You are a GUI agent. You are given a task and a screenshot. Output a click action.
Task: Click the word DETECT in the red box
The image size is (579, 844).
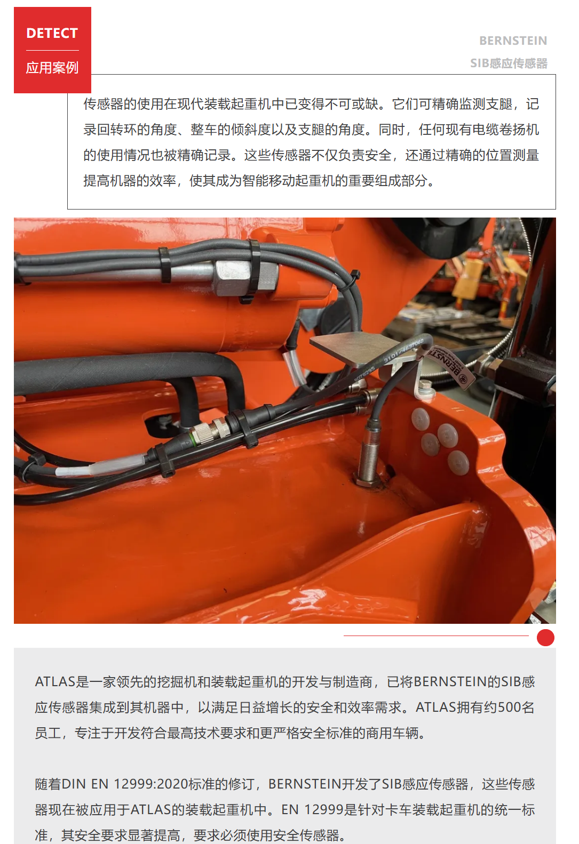pos(52,33)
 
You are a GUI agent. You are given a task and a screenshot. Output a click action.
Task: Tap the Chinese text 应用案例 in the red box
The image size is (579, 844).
pos(52,68)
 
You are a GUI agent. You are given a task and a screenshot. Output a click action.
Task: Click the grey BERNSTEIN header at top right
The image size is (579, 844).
pos(513,41)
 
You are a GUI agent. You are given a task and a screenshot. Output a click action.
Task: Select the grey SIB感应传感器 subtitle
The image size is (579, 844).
pos(509,63)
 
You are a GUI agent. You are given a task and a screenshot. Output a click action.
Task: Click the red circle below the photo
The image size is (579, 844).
pos(545,638)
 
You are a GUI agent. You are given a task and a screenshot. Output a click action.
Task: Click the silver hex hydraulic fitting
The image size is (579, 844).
pos(245,278)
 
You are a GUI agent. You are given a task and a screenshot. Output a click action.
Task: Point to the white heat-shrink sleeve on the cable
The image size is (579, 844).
pos(100,467)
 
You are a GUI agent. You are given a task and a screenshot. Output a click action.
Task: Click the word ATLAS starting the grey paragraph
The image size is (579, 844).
pos(55,681)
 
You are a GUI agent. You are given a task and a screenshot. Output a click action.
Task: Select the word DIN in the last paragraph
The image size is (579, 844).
pos(74,784)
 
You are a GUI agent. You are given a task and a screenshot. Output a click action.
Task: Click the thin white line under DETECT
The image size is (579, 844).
pos(52,51)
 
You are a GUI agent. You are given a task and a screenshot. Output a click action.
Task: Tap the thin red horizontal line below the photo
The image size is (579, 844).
pos(436,636)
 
